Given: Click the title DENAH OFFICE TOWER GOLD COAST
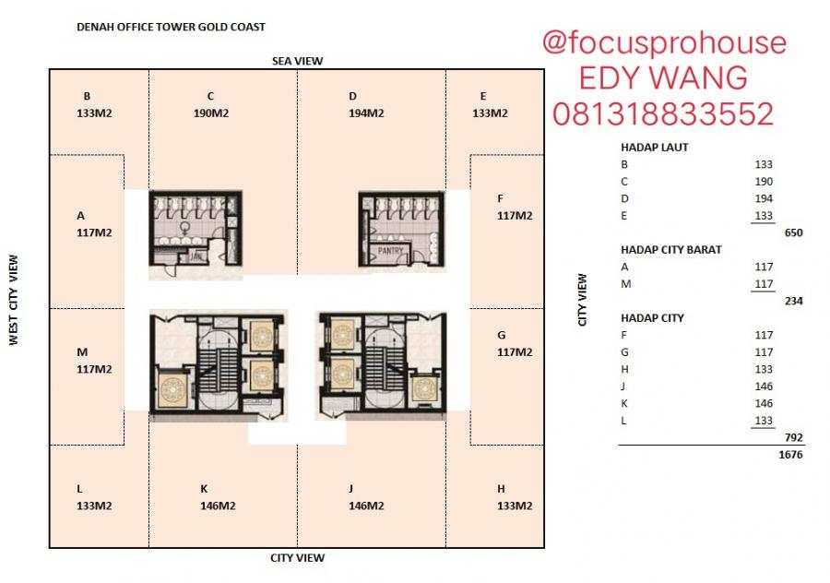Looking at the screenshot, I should (x=171, y=27).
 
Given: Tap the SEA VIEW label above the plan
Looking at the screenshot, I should (x=297, y=61).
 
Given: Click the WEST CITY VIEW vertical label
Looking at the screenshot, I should (x=14, y=301).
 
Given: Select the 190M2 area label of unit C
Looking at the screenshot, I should (x=211, y=113).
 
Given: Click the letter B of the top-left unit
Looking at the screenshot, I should (x=87, y=96).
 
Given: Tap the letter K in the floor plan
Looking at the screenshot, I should (x=204, y=488).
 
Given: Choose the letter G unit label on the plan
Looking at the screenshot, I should (x=501, y=335).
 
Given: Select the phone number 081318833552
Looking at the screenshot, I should (x=663, y=114).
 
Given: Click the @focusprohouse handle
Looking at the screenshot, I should (x=664, y=43).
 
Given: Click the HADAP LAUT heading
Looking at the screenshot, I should (x=655, y=148).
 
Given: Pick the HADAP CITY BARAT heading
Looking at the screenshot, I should (x=670, y=249).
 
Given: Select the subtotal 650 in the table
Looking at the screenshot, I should (x=793, y=232).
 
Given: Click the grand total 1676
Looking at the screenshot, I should (x=790, y=454).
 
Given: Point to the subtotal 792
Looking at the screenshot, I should (x=793, y=436).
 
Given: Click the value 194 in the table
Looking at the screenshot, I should (x=763, y=198).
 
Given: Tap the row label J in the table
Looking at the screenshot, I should (x=625, y=386).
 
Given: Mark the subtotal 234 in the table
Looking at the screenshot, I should (x=793, y=301).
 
